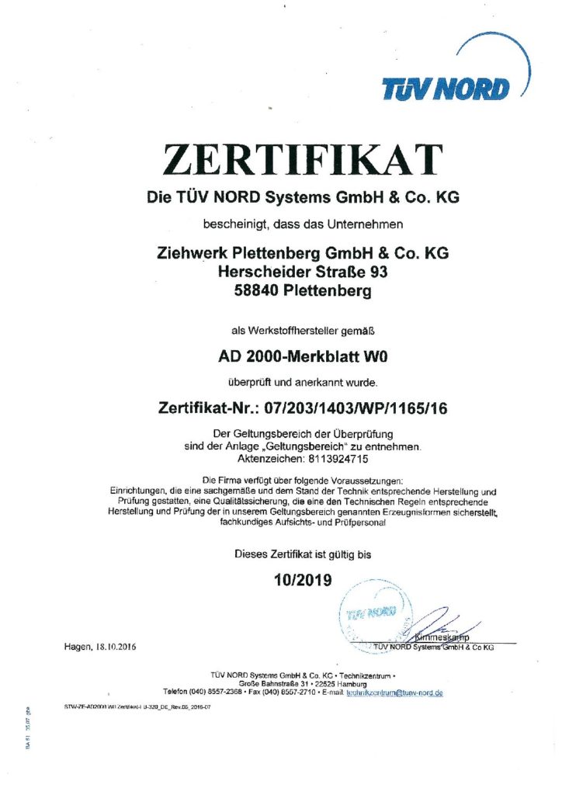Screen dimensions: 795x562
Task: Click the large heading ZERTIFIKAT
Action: (303, 160)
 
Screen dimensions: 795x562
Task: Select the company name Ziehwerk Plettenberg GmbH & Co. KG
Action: (303, 253)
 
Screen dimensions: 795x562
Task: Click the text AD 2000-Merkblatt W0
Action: (303, 359)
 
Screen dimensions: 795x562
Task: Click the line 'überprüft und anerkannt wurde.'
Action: (303, 382)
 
